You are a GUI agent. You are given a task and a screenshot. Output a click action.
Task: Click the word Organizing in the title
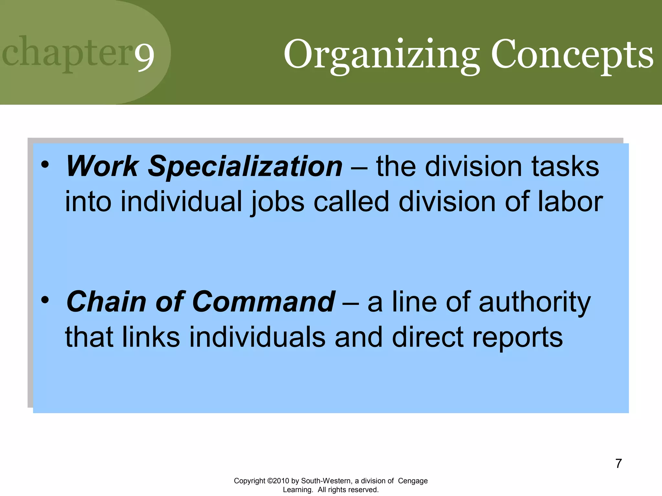[x=381, y=55]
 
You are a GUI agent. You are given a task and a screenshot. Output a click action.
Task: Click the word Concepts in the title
[x=572, y=55]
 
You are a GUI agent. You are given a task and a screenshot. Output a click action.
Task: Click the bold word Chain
[x=106, y=302]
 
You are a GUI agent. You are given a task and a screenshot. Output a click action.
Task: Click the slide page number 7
[x=618, y=463]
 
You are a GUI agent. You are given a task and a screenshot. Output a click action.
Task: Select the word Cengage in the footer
[x=412, y=481]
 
